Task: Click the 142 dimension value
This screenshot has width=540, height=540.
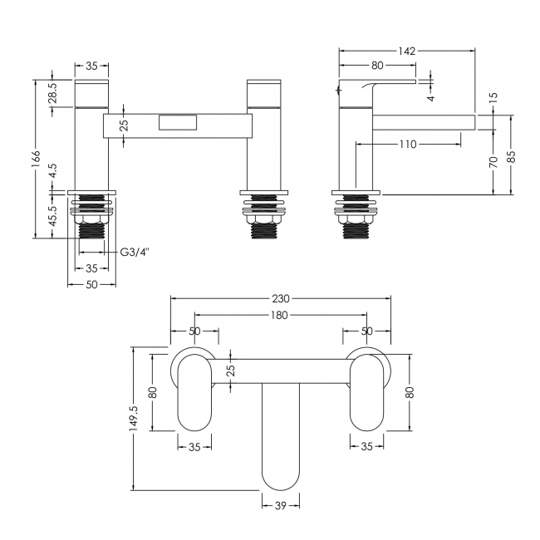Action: (x=407, y=51)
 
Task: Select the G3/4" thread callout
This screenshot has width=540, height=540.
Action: (x=135, y=253)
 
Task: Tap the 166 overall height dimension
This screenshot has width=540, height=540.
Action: (x=37, y=160)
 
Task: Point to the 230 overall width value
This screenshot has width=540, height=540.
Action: (x=281, y=298)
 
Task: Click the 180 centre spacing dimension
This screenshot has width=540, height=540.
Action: (x=279, y=315)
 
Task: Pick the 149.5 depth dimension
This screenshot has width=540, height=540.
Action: (x=135, y=417)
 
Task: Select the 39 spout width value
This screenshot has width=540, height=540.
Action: (x=281, y=505)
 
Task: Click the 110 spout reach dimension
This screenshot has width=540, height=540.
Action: (x=408, y=144)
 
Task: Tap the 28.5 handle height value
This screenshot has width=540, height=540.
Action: (x=52, y=93)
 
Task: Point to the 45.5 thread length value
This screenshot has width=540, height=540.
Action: (x=52, y=216)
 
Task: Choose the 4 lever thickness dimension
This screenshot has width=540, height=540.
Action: (x=431, y=98)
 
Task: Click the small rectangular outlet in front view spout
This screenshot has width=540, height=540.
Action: (x=178, y=123)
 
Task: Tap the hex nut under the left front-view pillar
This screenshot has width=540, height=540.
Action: (x=91, y=220)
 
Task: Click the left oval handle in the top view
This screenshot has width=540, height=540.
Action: (x=194, y=393)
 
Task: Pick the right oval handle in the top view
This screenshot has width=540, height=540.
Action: (x=366, y=393)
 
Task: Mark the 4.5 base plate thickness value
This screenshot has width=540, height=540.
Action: (x=52, y=171)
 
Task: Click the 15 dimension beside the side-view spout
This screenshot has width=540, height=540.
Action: (x=493, y=98)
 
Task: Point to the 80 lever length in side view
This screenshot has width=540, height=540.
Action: (x=377, y=65)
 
